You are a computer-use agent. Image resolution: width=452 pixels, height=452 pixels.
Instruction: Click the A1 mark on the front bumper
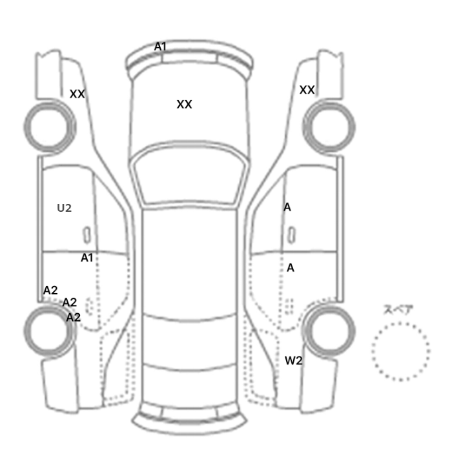click(160, 46)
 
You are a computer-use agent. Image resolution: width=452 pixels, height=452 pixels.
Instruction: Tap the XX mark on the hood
click(184, 105)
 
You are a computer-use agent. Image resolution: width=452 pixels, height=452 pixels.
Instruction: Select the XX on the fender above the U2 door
click(77, 94)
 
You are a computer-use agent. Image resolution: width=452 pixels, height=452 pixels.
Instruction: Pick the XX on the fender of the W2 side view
click(307, 90)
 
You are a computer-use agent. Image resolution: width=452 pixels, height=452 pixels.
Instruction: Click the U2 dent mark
click(65, 208)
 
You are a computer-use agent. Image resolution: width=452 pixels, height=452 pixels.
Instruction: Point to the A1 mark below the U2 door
click(87, 258)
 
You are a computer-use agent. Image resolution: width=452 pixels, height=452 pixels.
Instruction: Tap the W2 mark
click(293, 360)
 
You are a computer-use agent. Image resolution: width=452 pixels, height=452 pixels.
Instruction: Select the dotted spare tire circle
click(401, 351)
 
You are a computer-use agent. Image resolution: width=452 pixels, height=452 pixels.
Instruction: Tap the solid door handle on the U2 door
click(87, 235)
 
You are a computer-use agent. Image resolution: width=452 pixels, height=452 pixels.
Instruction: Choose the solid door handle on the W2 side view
click(292, 235)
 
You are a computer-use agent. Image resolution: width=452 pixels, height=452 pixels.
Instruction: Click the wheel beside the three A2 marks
click(50, 331)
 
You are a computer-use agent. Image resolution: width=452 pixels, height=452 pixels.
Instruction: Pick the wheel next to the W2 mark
click(329, 331)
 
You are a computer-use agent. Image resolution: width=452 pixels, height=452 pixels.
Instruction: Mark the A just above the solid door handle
click(287, 207)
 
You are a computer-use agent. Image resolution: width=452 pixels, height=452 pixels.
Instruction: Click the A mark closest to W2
click(291, 268)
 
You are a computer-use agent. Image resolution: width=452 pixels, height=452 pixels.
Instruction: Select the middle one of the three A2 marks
click(70, 302)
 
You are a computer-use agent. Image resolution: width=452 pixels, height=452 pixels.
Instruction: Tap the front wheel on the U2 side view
click(50, 127)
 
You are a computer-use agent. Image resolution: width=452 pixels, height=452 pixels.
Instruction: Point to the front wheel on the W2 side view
click(329, 127)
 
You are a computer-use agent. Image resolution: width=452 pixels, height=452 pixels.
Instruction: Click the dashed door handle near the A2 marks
click(90, 307)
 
